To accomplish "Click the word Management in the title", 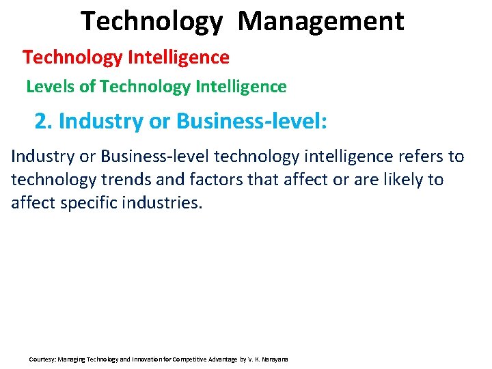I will coord(321,21).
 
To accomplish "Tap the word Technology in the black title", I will coord(152,21).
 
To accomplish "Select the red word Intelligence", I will coord(179,57).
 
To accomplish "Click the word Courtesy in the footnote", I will coord(42,359).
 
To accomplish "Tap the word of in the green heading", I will coord(87,87).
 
